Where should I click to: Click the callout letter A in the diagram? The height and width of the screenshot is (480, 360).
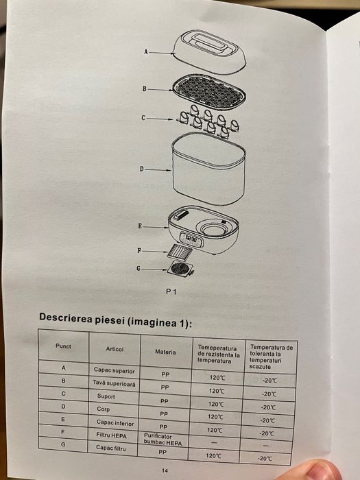click(146, 51)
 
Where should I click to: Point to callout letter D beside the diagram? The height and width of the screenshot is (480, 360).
click(141, 168)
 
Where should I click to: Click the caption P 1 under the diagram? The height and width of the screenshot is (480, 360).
click(171, 292)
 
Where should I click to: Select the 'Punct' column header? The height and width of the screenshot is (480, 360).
click(63, 346)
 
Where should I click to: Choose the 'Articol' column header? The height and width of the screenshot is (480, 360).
click(115, 349)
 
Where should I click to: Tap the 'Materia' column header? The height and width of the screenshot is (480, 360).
click(165, 352)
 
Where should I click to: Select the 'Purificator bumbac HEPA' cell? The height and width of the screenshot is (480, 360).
click(165, 440)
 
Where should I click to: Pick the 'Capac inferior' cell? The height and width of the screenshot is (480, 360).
click(112, 423)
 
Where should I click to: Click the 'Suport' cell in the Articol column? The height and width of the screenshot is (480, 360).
click(106, 397)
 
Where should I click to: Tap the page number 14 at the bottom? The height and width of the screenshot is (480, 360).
click(165, 470)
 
